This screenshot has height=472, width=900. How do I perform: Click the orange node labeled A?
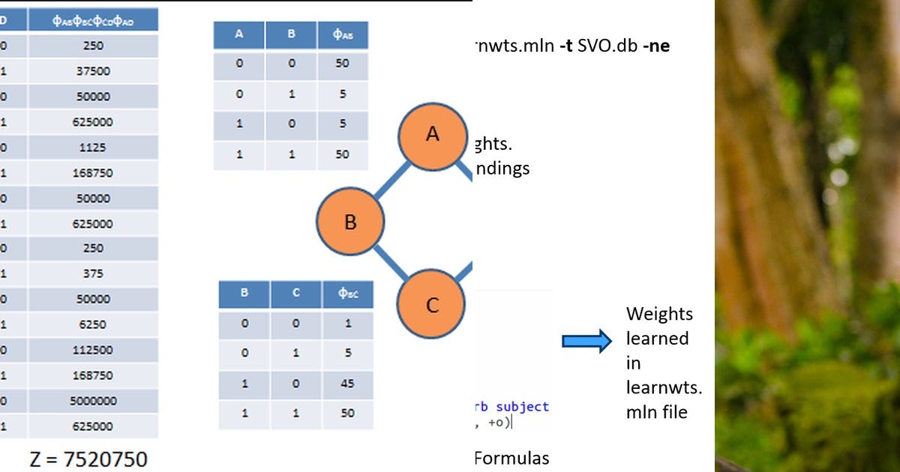(x=432, y=135)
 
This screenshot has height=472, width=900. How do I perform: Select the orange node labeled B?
(x=350, y=223)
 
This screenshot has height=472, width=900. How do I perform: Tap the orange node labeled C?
(x=431, y=305)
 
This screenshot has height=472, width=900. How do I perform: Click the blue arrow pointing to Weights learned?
(x=586, y=342)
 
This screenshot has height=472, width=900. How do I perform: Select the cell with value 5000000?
(x=93, y=401)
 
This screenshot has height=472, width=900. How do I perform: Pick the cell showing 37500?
(x=93, y=71)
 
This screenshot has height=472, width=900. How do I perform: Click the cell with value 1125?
(x=93, y=148)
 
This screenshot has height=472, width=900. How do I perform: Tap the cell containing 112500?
(x=93, y=350)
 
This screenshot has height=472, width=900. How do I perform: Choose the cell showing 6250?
(x=93, y=324)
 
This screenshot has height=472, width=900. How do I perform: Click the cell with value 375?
(x=93, y=273)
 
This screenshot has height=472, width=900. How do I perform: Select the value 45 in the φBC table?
(x=347, y=384)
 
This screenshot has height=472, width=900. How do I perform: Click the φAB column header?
(x=342, y=34)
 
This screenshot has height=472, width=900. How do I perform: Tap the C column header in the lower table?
(x=296, y=294)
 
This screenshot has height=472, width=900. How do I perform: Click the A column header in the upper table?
(x=239, y=34)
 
